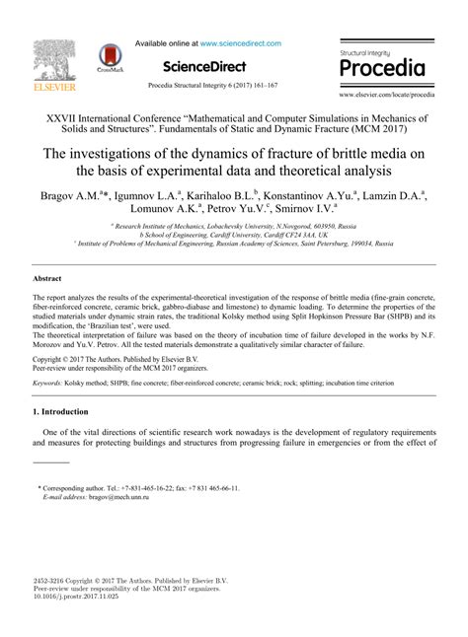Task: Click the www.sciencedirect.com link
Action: (x=241, y=44)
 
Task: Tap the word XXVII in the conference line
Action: (x=60, y=116)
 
